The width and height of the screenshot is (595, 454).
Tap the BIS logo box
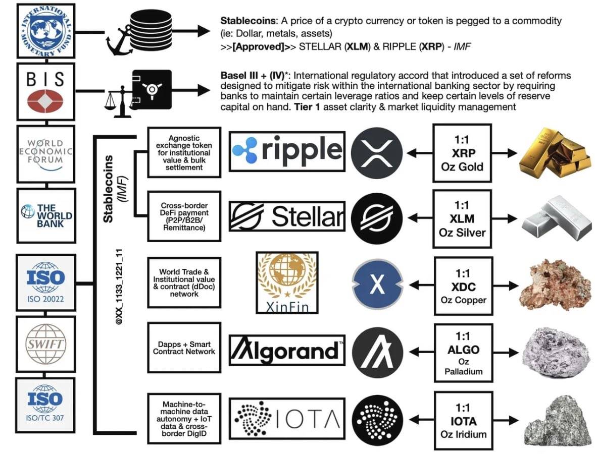coord(45,92)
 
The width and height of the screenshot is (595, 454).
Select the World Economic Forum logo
coord(45,153)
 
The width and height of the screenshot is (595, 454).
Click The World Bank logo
coord(45,215)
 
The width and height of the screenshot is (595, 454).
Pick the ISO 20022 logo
coord(45,282)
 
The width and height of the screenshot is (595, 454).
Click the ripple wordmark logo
coord(287,150)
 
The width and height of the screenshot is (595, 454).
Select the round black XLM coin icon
coord(377,217)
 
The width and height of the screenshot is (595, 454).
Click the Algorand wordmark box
coord(287,350)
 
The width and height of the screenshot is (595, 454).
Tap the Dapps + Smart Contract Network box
coord(184,348)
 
